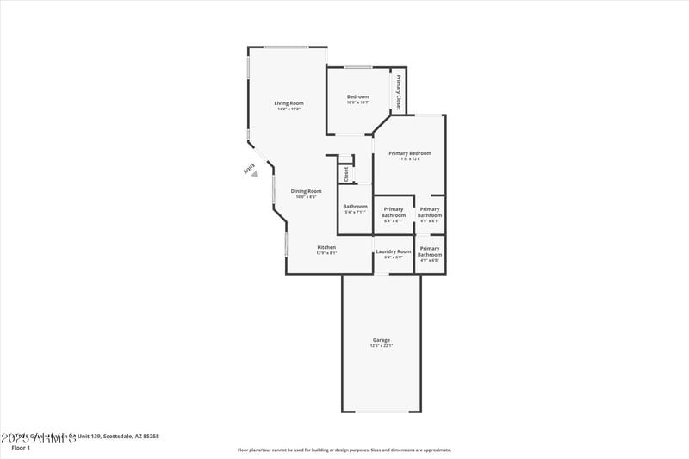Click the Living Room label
289,105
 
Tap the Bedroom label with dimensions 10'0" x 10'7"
357,98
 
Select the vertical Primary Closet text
398,93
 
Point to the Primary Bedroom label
409,155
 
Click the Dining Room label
306,193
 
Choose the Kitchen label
326,249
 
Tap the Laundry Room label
393,253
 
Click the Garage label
382,342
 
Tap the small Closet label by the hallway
345,173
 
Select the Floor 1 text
20,448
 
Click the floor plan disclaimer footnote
344,450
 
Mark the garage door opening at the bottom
382,412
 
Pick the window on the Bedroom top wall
358,67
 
